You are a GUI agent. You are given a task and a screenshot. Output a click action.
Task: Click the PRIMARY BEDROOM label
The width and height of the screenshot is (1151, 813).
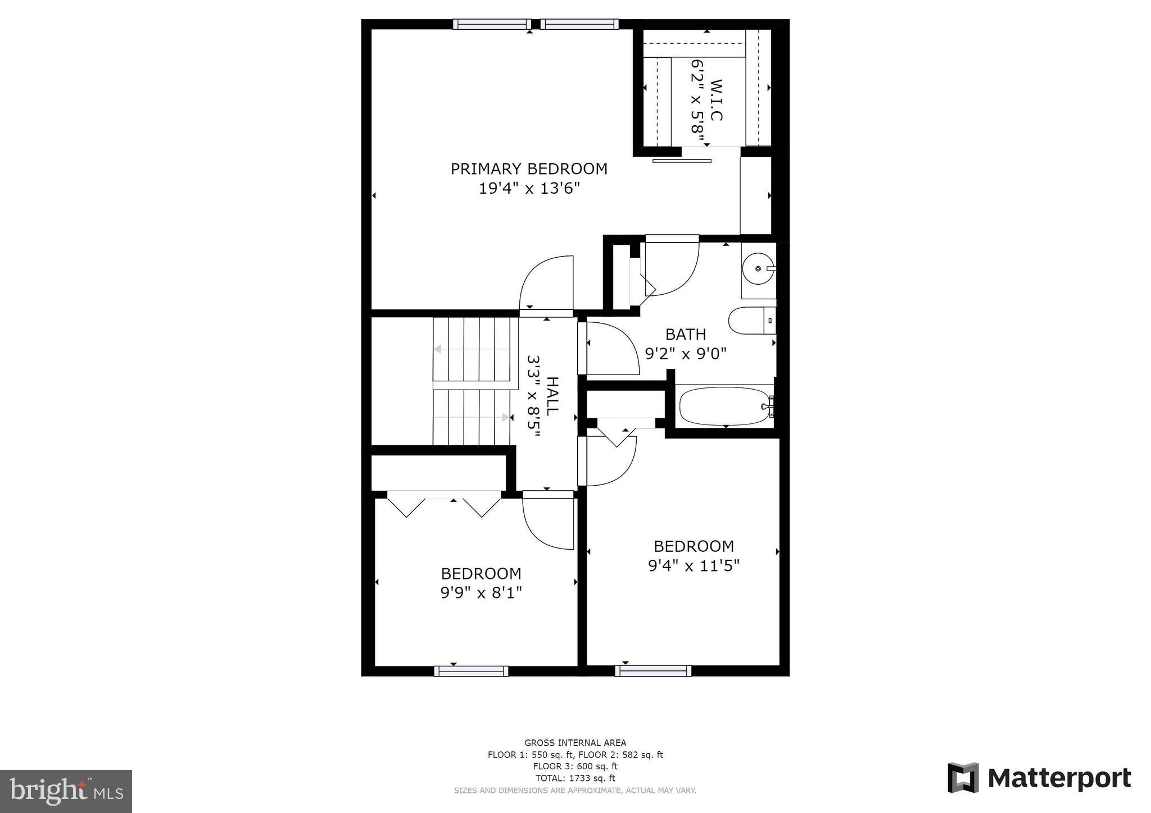(x=529, y=169)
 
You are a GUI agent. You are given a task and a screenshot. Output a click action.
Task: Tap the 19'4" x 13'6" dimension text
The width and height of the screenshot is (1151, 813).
(x=529, y=188)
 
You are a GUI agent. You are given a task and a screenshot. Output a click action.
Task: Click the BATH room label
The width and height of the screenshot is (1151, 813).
(x=685, y=335)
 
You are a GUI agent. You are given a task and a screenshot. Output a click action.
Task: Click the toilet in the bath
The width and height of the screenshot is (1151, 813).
(x=750, y=321)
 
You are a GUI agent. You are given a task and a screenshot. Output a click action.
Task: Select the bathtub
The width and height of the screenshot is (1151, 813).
(x=724, y=406)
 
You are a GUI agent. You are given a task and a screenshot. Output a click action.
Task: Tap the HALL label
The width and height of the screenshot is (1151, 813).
(x=553, y=396)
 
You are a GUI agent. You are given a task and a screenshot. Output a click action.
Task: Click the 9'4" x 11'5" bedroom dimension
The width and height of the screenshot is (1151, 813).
(x=694, y=565)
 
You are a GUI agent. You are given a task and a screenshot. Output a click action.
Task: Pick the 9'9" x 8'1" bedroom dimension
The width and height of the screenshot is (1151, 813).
(x=481, y=593)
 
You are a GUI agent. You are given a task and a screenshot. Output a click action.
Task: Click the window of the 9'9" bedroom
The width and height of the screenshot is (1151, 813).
(x=471, y=671)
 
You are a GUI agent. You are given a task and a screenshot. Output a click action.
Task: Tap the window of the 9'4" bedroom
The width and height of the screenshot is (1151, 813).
(x=653, y=671)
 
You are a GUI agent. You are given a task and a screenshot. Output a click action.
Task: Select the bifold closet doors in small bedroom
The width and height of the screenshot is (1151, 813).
(x=444, y=504)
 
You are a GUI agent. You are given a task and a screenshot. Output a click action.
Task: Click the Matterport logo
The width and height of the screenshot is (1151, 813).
(x=1040, y=778)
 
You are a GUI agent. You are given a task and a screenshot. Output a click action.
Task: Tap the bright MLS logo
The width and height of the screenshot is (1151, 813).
(x=66, y=791)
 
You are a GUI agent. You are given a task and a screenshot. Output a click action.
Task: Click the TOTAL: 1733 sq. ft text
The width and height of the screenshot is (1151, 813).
(x=575, y=778)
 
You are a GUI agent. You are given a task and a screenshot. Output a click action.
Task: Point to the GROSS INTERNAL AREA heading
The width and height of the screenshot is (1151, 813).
(x=575, y=743)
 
